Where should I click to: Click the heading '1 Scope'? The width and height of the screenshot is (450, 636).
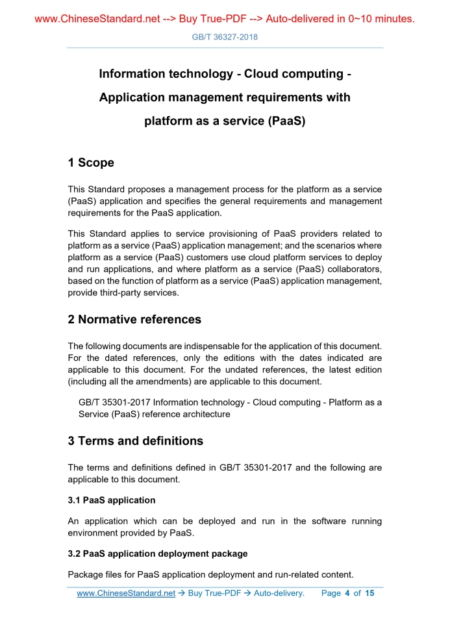pos(91,163)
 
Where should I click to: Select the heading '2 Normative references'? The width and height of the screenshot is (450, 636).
pos(134,319)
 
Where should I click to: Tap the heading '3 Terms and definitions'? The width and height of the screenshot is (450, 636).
pos(135,441)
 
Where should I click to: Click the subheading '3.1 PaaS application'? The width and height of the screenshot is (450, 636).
pos(112,500)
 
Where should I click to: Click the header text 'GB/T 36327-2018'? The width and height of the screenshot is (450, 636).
pos(225,37)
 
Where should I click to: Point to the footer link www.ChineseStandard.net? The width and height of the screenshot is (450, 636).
pos(126,593)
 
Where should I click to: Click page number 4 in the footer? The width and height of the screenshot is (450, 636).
pos(347,593)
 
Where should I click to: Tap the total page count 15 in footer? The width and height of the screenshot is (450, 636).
pos(370,593)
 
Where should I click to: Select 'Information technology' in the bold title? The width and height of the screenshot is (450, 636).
pos(166,74)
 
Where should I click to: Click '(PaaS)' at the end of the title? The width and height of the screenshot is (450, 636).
pos(286,121)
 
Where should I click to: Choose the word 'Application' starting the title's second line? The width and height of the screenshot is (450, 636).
pos(132,97)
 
